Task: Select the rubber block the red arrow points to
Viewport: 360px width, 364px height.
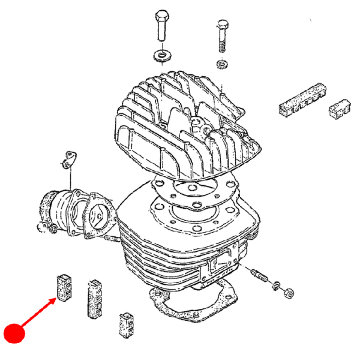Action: [x=64, y=287]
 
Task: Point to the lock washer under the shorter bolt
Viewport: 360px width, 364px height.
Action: [x=221, y=64]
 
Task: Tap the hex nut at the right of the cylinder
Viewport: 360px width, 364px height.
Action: [x=287, y=291]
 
